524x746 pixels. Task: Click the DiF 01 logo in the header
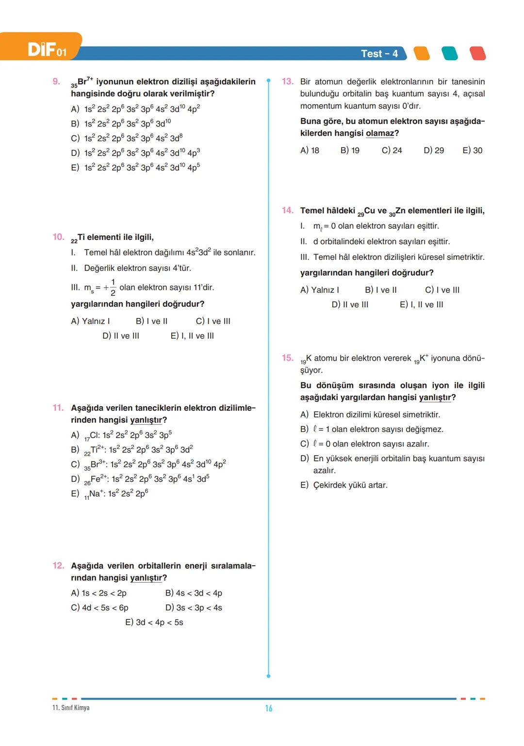coord(46,49)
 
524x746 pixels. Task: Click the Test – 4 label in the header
coord(379,54)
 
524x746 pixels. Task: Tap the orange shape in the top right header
coord(422,53)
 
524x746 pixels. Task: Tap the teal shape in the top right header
coord(450,53)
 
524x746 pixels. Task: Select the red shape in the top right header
coord(477,53)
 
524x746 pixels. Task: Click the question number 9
coord(56,81)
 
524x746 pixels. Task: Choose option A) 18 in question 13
coord(310,150)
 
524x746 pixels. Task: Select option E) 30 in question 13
coord(472,150)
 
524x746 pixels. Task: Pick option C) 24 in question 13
coord(392,150)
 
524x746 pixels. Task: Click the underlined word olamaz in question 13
coord(380,133)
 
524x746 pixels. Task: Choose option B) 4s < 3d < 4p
coord(193,593)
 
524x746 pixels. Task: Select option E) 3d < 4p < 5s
coord(154,622)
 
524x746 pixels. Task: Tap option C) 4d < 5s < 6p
coord(99,607)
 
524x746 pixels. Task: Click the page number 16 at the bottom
coord(268,708)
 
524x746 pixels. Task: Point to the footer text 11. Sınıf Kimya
coord(71,708)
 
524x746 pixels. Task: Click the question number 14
coord(287,210)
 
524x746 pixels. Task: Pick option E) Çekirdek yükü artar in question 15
coord(344,485)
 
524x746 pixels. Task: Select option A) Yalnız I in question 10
coord(90,321)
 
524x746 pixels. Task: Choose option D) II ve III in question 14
coord(350,304)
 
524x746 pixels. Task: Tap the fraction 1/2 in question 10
coord(113,287)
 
